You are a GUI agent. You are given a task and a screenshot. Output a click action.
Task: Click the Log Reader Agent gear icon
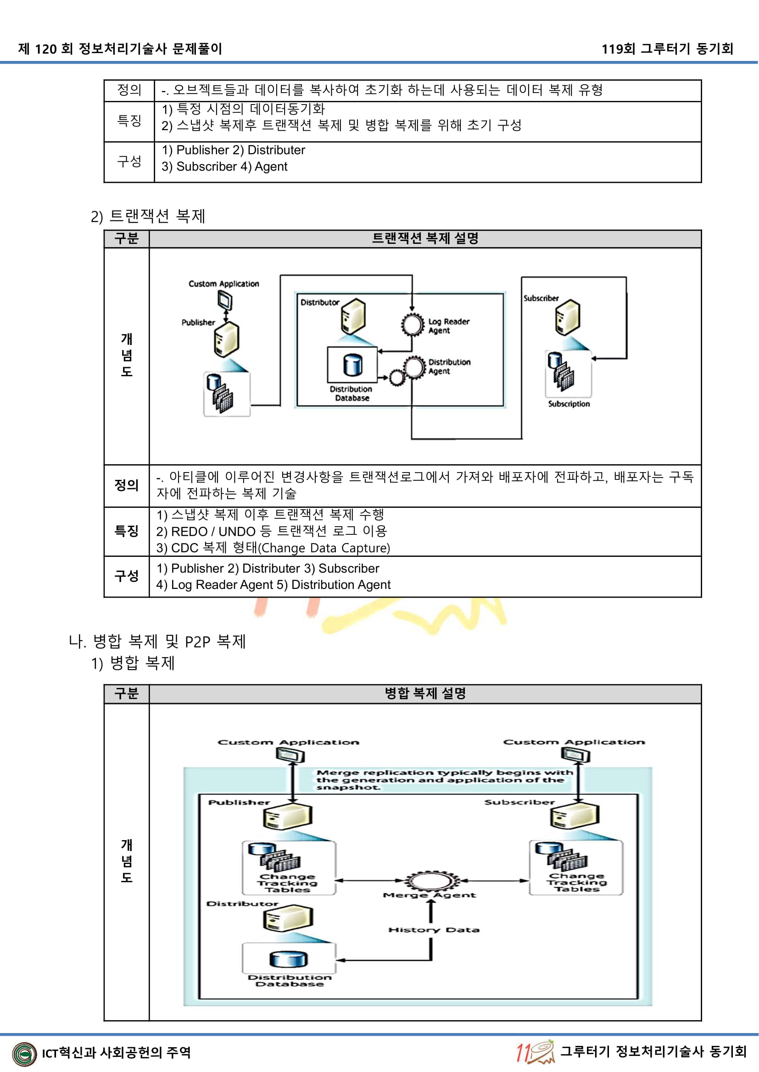[x=413, y=324]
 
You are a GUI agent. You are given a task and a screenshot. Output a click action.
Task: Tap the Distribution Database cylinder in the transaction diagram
[x=352, y=364]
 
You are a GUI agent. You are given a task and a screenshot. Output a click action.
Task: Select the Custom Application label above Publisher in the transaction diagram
[x=223, y=284]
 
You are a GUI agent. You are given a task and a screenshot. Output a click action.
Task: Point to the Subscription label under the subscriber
[x=569, y=404]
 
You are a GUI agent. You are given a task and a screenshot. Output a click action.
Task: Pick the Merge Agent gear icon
[x=429, y=881]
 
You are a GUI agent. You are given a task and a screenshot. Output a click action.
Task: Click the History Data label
[x=434, y=930]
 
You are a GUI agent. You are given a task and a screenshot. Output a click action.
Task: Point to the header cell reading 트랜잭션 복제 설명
[x=425, y=239]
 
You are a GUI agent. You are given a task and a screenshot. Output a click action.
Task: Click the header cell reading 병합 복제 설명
[x=425, y=693]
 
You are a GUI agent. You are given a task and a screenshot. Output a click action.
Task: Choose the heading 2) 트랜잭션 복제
[x=148, y=216]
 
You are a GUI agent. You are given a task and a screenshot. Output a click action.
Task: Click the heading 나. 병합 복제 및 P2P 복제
[x=157, y=642]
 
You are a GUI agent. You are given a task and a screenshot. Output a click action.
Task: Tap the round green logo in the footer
[x=24, y=1054]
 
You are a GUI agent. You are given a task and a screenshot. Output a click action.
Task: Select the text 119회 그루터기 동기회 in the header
[x=667, y=49]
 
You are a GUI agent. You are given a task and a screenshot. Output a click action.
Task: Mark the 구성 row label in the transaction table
[x=127, y=576]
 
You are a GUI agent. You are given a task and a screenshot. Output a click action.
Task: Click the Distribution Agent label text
[x=449, y=367]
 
